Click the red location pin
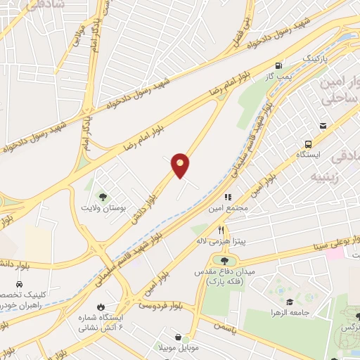click(x=181, y=165)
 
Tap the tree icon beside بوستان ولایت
click(x=103, y=196)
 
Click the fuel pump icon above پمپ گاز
click(x=280, y=63)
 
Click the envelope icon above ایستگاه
click(x=322, y=126)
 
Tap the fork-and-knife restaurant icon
click(x=220, y=229)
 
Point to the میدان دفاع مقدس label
click(x=227, y=276)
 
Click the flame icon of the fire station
click(x=100, y=306)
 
